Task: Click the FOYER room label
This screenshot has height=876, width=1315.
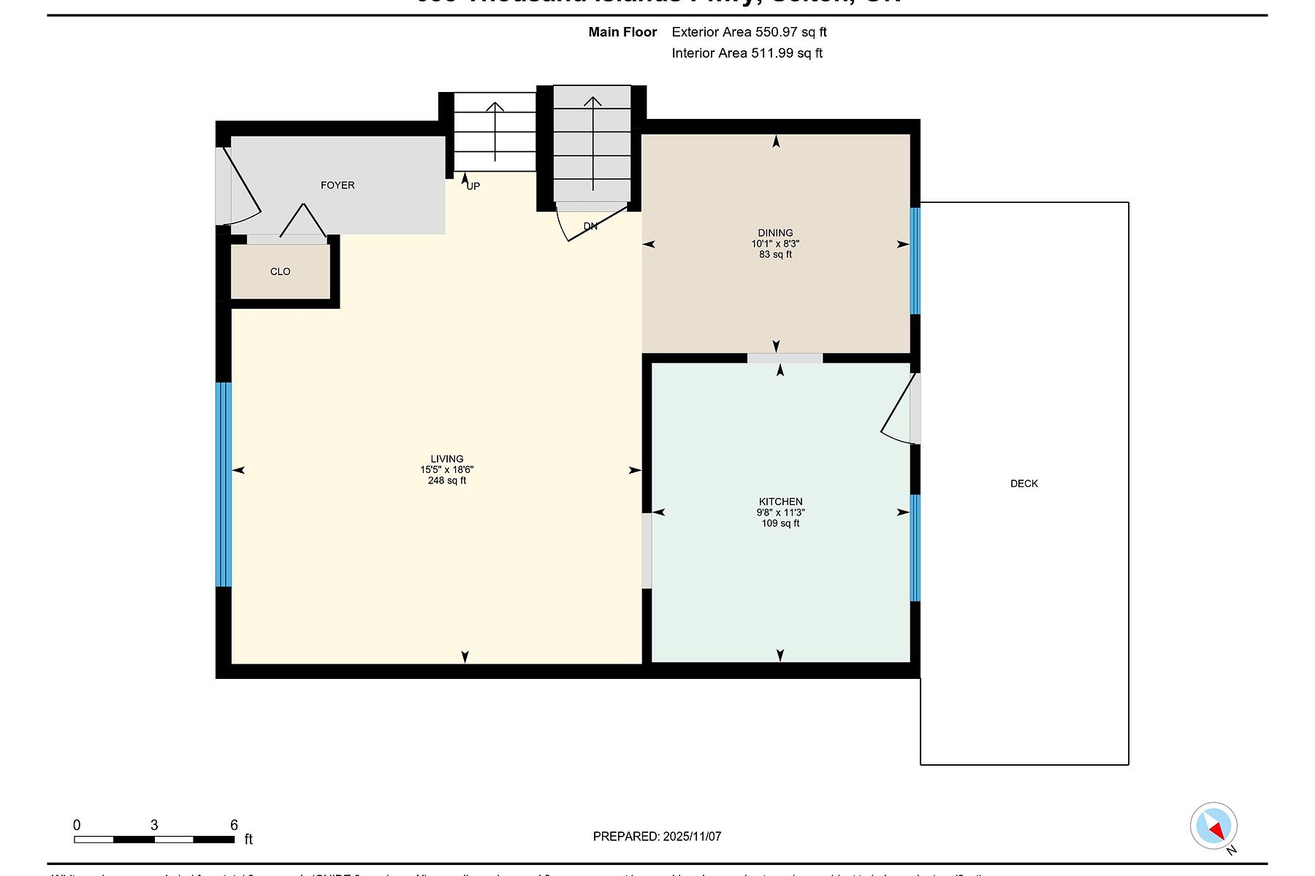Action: point(338,185)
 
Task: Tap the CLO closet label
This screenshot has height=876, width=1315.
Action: point(280,272)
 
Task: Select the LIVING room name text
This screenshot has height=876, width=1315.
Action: point(446,459)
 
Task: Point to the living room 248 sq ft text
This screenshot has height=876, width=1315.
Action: point(446,480)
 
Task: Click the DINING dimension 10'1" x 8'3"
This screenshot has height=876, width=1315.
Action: point(775,244)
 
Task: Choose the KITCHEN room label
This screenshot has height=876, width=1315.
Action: point(780,502)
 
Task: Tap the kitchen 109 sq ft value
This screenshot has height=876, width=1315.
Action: point(780,523)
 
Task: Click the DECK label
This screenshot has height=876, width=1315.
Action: point(1024,483)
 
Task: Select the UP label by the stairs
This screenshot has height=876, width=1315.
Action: point(473,186)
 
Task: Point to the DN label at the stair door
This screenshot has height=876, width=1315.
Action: point(590,226)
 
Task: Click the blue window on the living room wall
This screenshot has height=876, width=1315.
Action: point(224,484)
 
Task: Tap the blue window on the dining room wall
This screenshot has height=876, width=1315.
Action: point(915,261)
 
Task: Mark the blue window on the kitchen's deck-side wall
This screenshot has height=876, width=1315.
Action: point(915,547)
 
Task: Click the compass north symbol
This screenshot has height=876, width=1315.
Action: point(1213,827)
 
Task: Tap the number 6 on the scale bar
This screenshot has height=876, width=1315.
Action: point(234,825)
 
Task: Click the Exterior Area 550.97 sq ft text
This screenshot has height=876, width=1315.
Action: point(749,32)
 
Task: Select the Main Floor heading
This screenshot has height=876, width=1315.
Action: point(622,32)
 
